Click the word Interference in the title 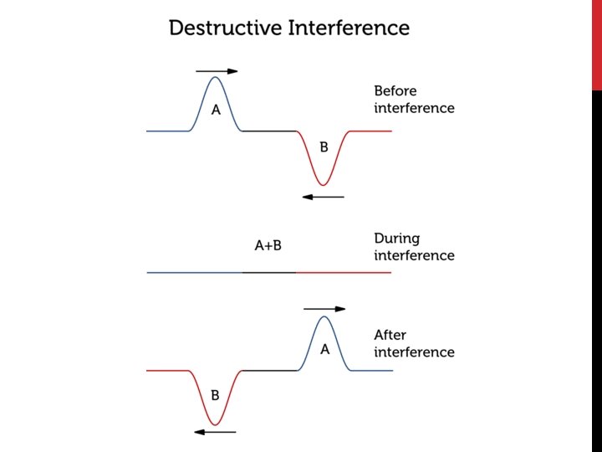[349, 28]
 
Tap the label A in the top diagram [216, 110]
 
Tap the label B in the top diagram [324, 147]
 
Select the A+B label [268, 245]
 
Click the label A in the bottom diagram [325, 350]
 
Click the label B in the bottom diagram [215, 395]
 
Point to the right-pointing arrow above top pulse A [217, 71]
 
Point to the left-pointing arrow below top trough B [324, 197]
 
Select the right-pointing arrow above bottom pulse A [324, 309]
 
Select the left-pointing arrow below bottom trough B [215, 432]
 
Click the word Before [395, 90]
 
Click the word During [397, 239]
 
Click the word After [390, 335]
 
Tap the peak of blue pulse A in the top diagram [216, 78]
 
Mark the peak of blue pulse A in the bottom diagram [325, 316]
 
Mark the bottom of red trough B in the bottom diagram [215, 424]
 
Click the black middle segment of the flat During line [269, 272]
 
